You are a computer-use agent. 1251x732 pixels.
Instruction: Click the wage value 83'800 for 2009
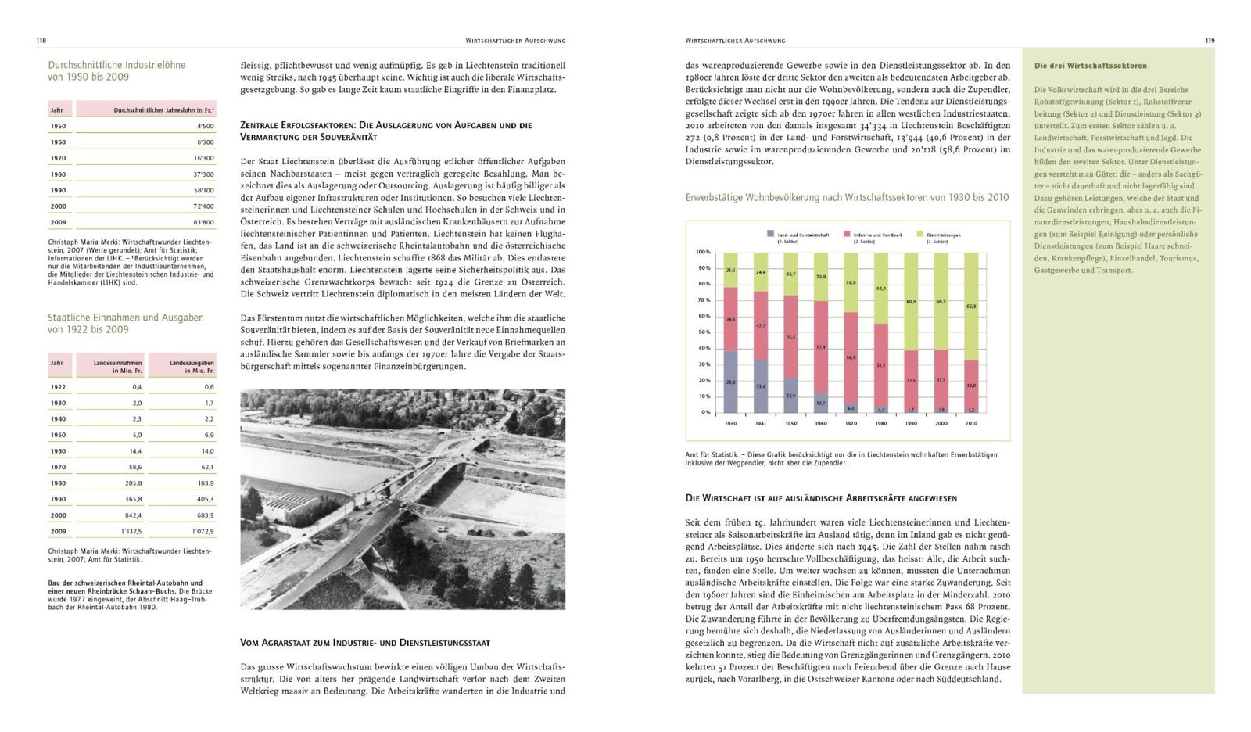tap(203, 222)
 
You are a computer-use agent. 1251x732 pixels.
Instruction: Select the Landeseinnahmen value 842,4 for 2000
tap(132, 515)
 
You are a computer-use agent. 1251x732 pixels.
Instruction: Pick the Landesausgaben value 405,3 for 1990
tap(205, 499)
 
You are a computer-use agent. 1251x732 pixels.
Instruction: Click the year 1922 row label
tap(59, 387)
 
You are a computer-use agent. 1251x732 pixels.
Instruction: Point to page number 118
tap(41, 41)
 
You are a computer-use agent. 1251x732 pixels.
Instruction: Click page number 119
tap(1210, 41)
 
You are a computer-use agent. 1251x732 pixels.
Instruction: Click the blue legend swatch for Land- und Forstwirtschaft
tap(771, 235)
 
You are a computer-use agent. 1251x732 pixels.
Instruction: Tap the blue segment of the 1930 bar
tap(730, 382)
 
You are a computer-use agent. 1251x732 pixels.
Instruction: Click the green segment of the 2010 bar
tap(970, 306)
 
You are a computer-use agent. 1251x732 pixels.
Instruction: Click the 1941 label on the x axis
tap(760, 423)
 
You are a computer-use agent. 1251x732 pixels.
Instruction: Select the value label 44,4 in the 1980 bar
tap(880, 289)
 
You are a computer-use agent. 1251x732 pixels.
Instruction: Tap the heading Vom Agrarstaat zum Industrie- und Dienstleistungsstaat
tap(364, 643)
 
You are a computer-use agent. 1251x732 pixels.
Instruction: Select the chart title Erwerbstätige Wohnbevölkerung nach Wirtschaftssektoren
tap(847, 198)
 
